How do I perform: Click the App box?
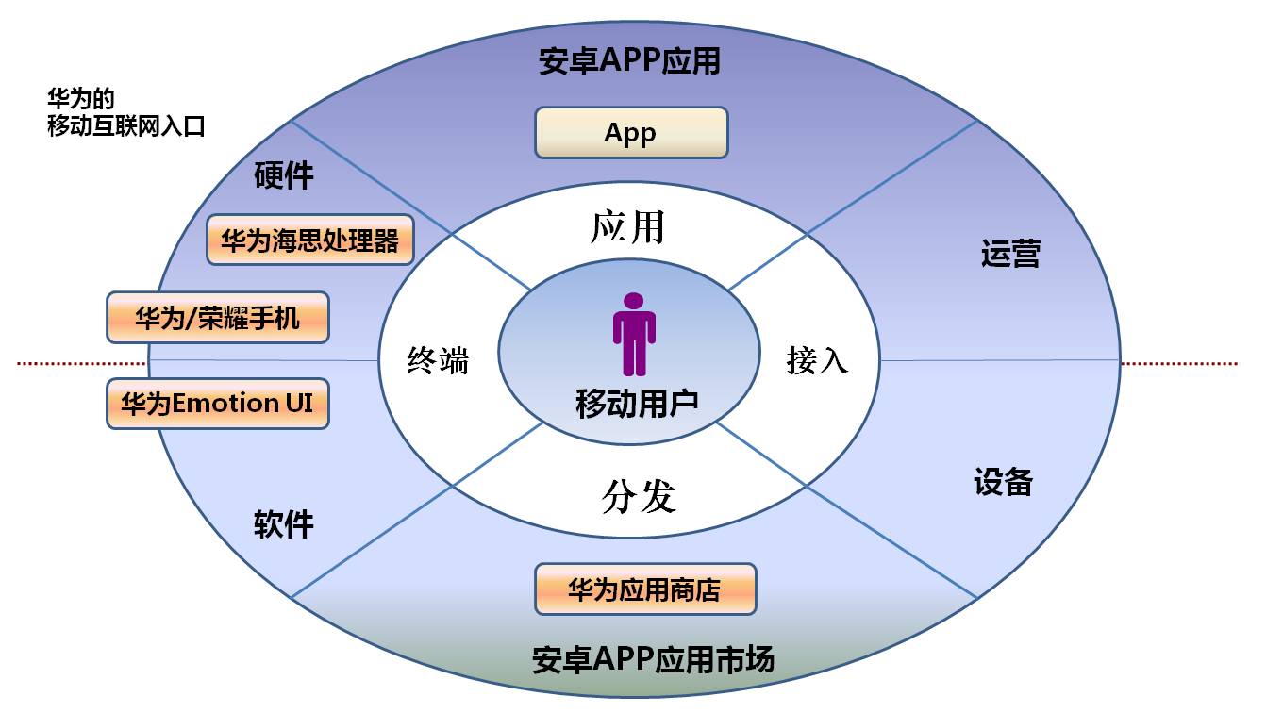tap(631, 132)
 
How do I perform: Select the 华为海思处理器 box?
tap(310, 240)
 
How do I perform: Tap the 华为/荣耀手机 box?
tap(218, 317)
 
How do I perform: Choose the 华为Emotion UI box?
tap(218, 404)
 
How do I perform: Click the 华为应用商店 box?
tap(645, 589)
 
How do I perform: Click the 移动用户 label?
tap(637, 404)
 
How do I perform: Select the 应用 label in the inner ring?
tap(628, 227)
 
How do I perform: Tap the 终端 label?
tap(438, 360)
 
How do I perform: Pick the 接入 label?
tap(817, 360)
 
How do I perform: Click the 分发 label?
tap(639, 496)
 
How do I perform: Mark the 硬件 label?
tap(284, 176)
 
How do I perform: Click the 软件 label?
tap(284, 524)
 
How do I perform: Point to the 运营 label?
tap(1010, 255)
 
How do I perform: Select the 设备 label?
tap(1004, 482)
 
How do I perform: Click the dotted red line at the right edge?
tap(1179, 363)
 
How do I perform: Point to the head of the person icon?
tap(634, 300)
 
